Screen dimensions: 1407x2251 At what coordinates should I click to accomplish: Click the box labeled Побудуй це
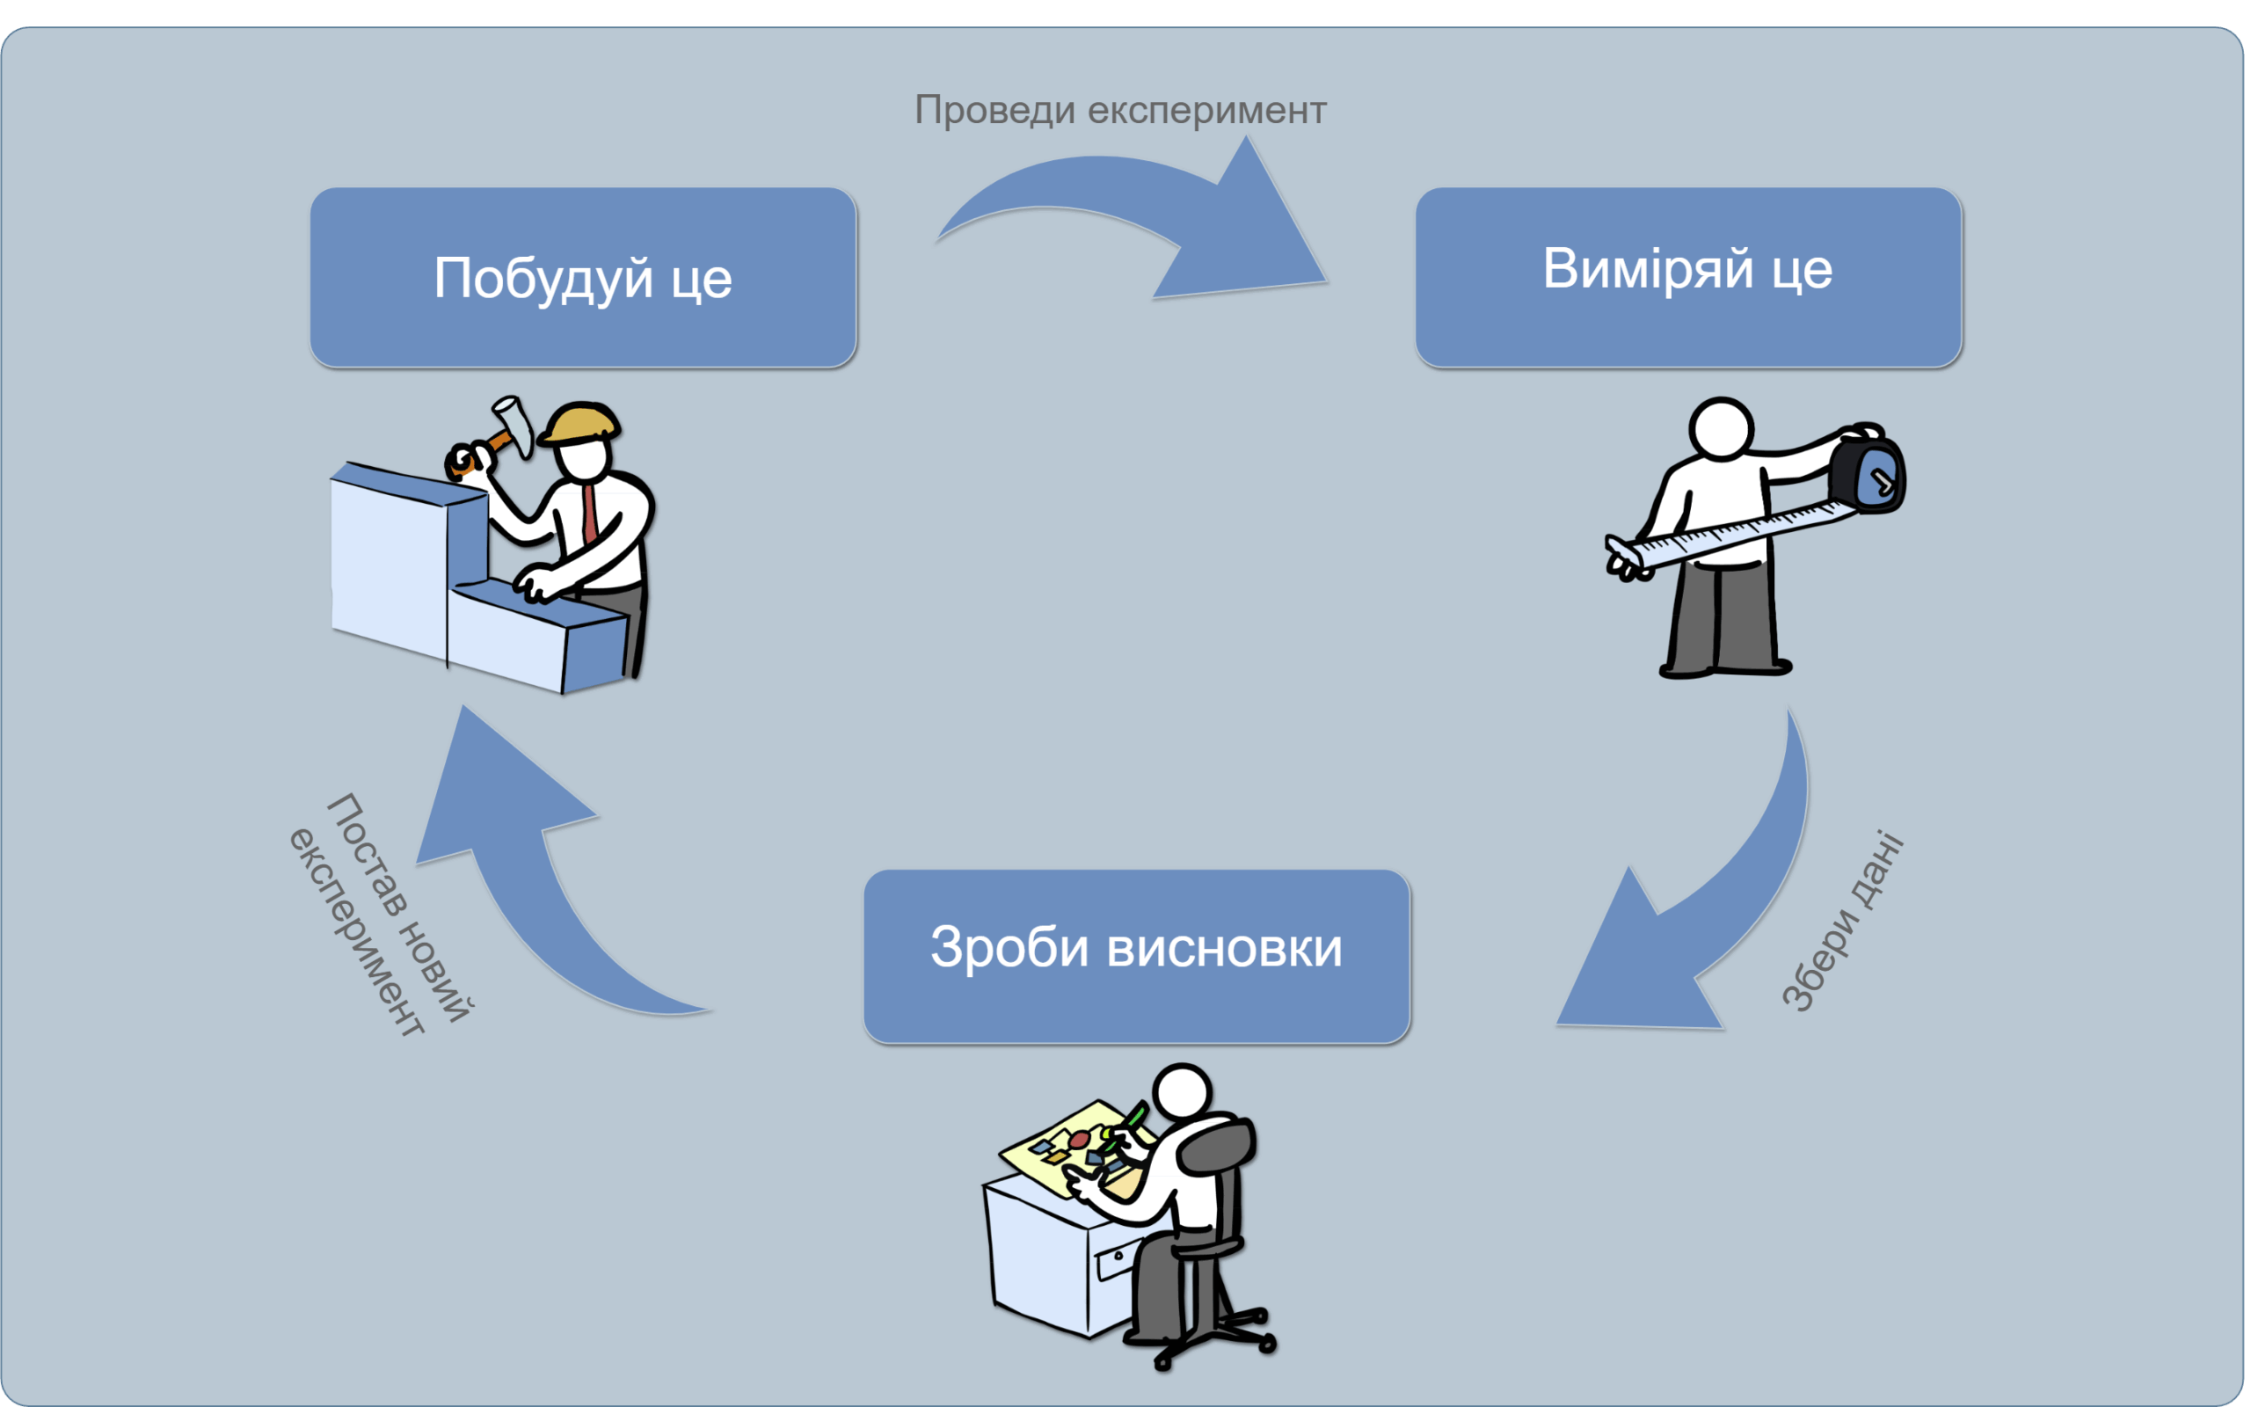coord(583,277)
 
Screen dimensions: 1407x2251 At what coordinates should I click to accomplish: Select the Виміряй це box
coord(1687,276)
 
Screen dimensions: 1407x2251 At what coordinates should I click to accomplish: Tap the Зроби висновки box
coord(1136,956)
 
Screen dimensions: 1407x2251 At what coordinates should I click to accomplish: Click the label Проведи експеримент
coord(1120,110)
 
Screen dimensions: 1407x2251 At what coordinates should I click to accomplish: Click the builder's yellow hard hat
coord(582,423)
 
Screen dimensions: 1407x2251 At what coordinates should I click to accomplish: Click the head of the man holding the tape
coord(1721,428)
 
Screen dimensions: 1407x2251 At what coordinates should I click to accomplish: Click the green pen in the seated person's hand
coord(1135,1114)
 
